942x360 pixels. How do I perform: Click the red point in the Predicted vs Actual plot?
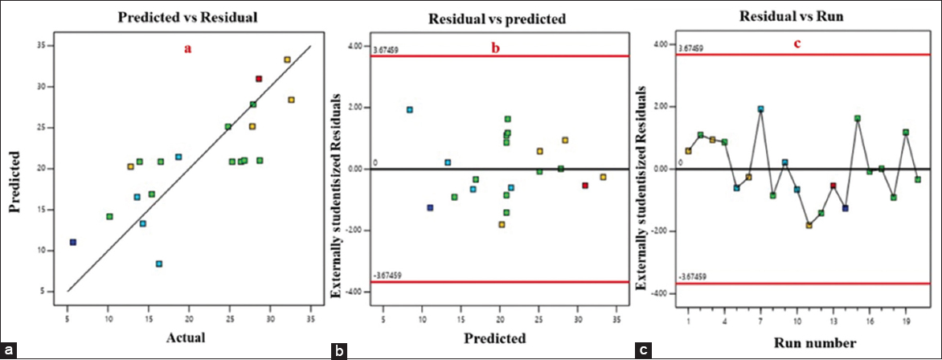tap(259, 79)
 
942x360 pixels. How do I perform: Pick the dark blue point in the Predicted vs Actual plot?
tap(73, 242)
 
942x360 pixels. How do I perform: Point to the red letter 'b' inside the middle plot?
tap(496, 48)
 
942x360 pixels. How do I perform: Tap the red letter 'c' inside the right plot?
tap(798, 44)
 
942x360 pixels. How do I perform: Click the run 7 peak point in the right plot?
tap(760, 109)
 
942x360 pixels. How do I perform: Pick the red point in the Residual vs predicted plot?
tap(585, 186)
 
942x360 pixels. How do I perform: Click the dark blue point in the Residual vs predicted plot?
tap(430, 207)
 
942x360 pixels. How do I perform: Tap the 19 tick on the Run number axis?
tap(906, 321)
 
